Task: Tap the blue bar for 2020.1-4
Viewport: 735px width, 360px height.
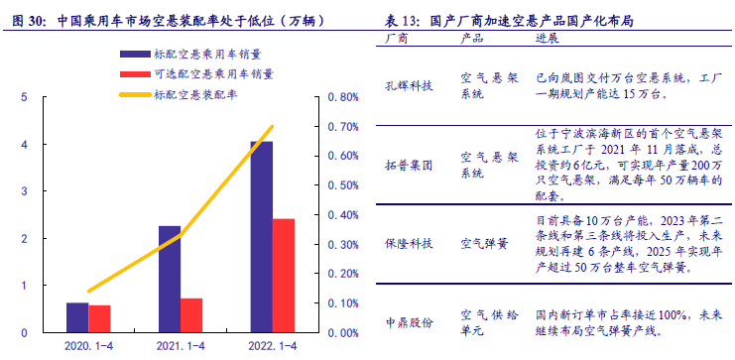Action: [77, 316]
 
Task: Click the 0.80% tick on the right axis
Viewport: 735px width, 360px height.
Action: [341, 97]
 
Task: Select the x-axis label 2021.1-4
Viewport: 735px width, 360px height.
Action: [181, 345]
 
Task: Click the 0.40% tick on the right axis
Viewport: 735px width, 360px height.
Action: [341, 215]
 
